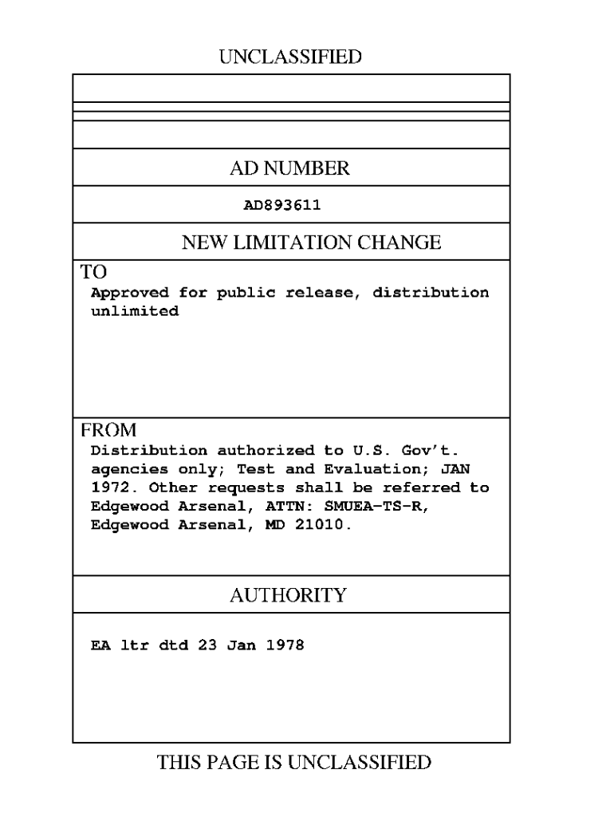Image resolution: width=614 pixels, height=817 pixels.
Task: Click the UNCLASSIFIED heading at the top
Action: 289,57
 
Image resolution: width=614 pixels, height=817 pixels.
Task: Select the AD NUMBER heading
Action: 289,168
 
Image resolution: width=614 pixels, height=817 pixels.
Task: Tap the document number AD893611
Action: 282,205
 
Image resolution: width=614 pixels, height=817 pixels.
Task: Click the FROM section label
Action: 108,430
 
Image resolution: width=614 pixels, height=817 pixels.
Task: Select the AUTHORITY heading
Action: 289,595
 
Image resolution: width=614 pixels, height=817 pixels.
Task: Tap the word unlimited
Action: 135,311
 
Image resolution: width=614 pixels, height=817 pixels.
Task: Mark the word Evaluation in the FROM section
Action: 363,469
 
